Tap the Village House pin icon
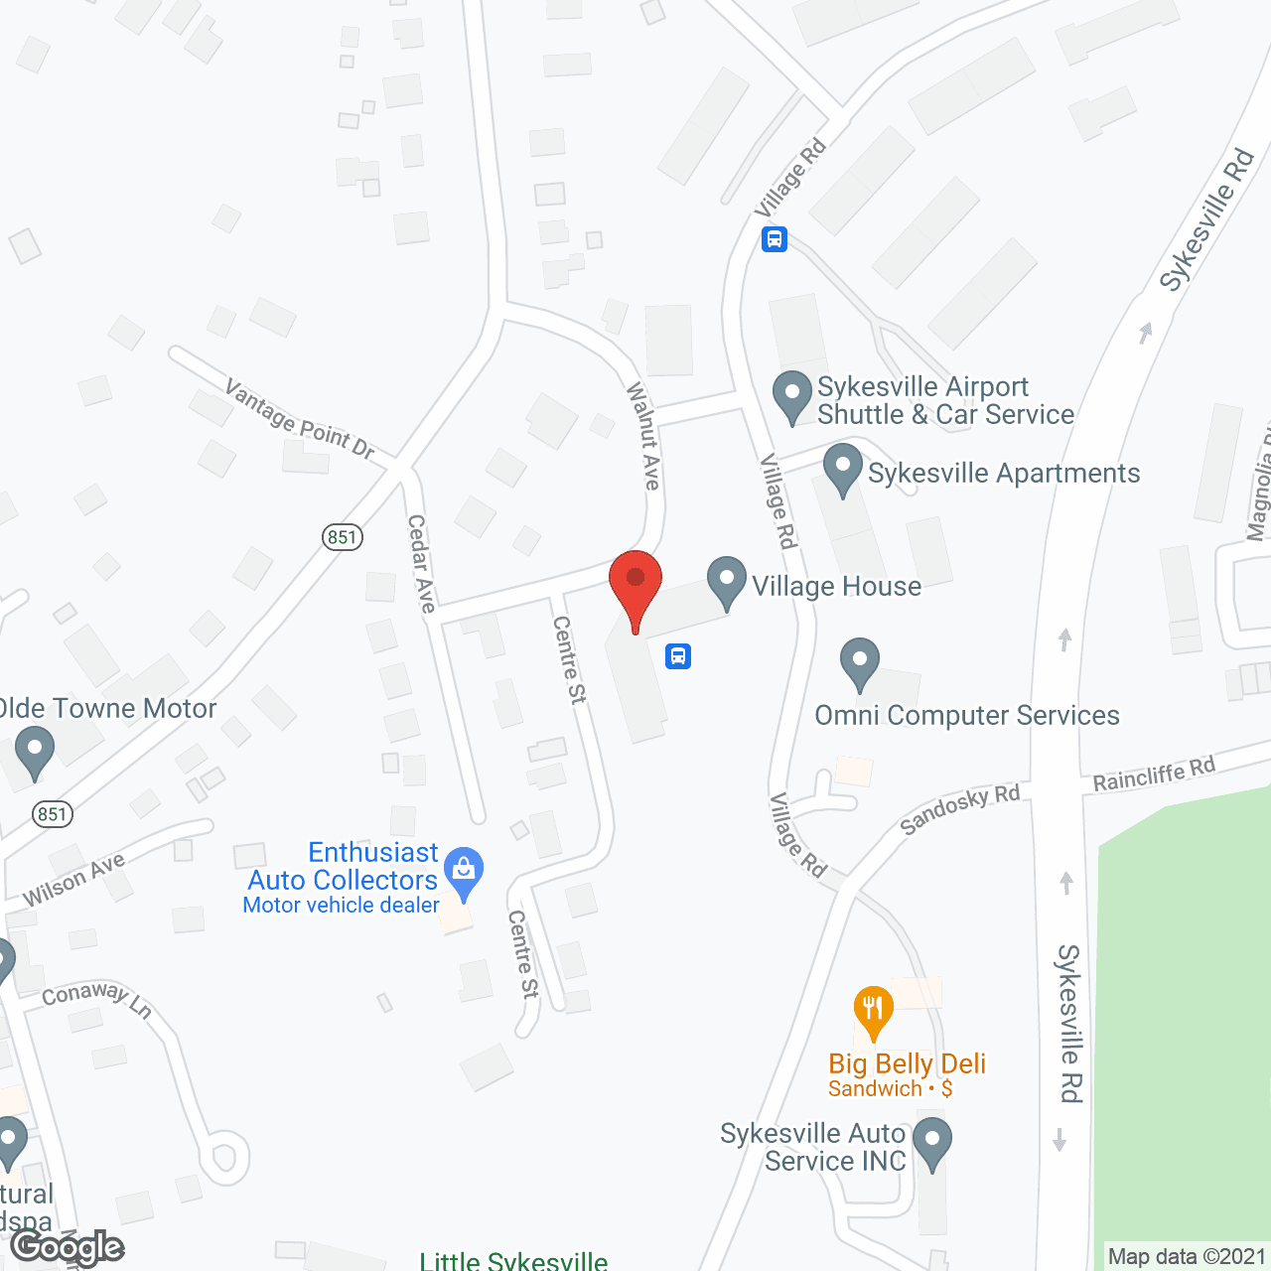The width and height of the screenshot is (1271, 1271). coord(727,582)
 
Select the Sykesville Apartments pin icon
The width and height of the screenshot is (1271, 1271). coord(843,469)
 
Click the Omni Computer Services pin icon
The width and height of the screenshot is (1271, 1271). coord(860,662)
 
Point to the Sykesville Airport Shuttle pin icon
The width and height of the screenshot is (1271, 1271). coord(792,395)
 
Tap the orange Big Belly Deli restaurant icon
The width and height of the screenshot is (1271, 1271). coord(874,1011)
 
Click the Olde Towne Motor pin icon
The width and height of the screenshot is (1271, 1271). coord(35,751)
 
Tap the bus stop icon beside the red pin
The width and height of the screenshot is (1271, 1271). coord(678,656)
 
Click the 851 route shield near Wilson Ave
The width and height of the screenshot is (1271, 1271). coord(53,814)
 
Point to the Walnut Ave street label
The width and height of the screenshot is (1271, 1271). coord(643,436)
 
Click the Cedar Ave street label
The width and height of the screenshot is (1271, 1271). coord(422,563)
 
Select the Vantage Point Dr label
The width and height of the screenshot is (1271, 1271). coord(300,420)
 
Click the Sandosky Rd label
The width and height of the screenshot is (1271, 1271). coord(959,809)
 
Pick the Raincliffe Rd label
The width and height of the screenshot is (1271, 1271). coord(1154,775)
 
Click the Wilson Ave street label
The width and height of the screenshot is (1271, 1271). coord(73,880)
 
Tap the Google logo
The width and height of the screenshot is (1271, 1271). coord(68,1246)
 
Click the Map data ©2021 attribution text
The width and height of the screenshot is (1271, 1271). coord(1187,1256)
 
